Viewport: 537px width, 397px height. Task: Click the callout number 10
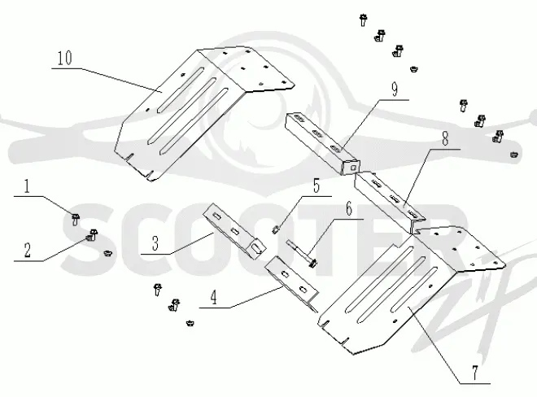(x=65, y=58)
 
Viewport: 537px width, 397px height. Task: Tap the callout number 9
(x=395, y=89)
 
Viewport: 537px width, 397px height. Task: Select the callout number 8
(x=445, y=139)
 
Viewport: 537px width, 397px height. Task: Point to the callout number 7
(x=474, y=373)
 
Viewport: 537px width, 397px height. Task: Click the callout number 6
(x=348, y=208)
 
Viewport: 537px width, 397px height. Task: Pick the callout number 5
(x=317, y=186)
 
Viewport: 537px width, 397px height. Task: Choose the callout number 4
(x=214, y=297)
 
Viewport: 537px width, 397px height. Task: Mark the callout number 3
(x=155, y=243)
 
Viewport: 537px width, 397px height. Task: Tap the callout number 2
(x=28, y=251)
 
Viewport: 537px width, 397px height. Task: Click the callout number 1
(x=27, y=186)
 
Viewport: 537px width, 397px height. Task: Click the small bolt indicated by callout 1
(x=76, y=219)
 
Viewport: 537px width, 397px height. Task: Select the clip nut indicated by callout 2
(x=92, y=235)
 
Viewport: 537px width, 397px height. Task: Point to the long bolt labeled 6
(x=301, y=253)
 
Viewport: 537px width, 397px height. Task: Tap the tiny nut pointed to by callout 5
(x=275, y=230)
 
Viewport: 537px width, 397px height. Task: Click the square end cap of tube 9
(x=351, y=167)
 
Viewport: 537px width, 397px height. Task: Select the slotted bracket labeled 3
(x=234, y=231)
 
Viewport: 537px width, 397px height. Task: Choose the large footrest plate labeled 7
(x=411, y=291)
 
